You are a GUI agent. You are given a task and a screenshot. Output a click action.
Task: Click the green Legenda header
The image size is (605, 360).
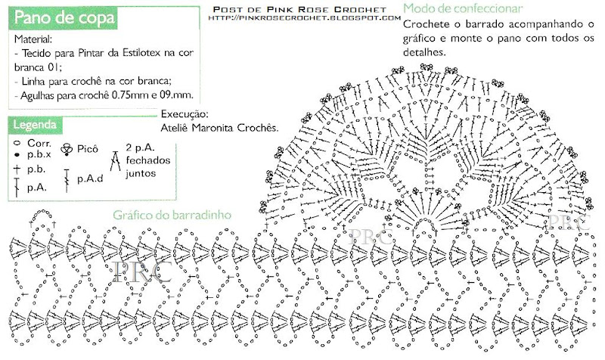[35, 123]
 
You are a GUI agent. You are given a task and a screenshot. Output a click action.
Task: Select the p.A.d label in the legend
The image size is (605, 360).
[88, 181]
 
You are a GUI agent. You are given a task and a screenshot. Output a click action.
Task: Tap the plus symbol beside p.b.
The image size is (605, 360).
[17, 169]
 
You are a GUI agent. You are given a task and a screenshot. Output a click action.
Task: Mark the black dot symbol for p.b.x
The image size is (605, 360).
[17, 154]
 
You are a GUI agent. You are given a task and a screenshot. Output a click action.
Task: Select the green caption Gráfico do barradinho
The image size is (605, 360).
[172, 215]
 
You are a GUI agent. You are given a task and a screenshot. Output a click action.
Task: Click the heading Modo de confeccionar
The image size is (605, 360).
[463, 8]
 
